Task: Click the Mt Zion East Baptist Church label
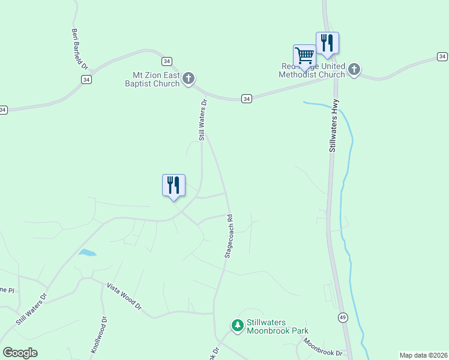(155, 79)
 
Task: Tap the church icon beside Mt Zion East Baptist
(188, 78)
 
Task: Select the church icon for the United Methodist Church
(354, 70)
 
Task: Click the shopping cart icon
(304, 56)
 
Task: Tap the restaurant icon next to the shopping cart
(327, 43)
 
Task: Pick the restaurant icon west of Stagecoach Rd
(173, 185)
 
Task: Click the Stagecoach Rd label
(229, 235)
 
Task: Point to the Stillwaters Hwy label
(333, 125)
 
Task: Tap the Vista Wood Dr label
(124, 296)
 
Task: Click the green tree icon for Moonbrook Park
(238, 326)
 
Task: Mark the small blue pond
(87, 253)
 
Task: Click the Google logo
(20, 353)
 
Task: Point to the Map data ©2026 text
(423, 355)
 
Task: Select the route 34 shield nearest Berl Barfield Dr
(87, 79)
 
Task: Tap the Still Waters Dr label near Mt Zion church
(203, 120)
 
